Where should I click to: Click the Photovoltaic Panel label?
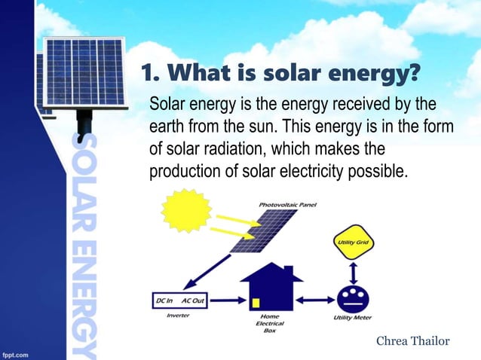287,204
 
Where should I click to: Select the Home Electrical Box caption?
269,324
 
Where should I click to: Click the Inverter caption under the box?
177,316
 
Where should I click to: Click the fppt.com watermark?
14,352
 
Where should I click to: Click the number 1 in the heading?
148,75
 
